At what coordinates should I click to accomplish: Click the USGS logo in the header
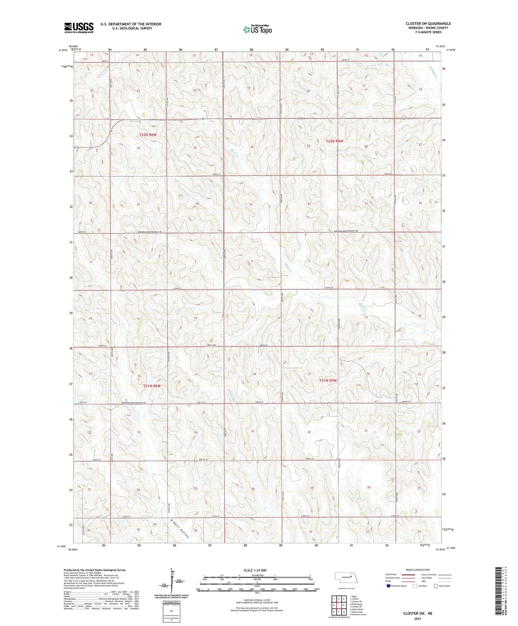[79, 28]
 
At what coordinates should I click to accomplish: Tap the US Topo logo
[257, 29]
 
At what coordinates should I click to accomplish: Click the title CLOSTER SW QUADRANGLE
[428, 24]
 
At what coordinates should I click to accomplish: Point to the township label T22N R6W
[148, 134]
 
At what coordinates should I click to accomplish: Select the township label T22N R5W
[334, 141]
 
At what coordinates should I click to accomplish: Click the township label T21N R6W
[152, 386]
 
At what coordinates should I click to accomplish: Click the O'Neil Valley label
[180, 528]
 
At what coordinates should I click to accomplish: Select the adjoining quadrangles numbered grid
[339, 605]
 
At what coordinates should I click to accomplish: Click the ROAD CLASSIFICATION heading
[418, 570]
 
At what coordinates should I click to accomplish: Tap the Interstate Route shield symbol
[389, 586]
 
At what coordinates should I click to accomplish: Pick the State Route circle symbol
[436, 586]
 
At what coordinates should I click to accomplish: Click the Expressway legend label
[391, 574]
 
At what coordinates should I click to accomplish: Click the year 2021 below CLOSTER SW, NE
[418, 619]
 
